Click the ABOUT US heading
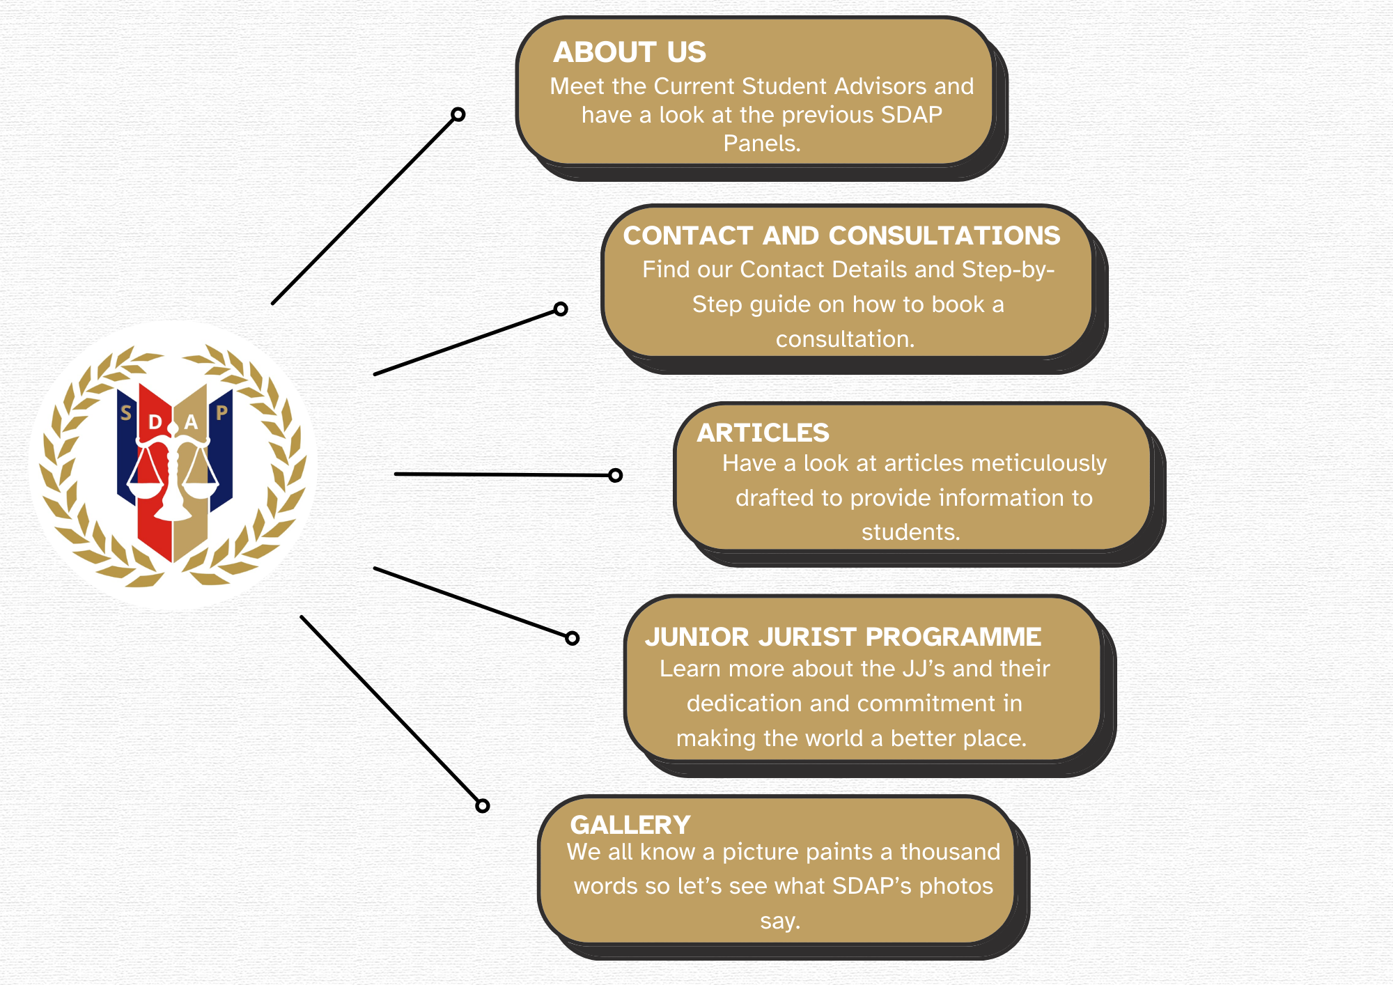pyautogui.click(x=630, y=52)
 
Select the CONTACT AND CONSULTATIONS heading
pyautogui.click(x=841, y=235)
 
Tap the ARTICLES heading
pyautogui.click(x=763, y=433)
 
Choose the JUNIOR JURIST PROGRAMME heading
pyautogui.click(x=843, y=637)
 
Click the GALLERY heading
pyautogui.click(x=630, y=825)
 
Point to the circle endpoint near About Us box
pyautogui.click(x=458, y=114)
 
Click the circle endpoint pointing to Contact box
pyautogui.click(x=561, y=309)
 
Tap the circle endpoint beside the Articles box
pyautogui.click(x=615, y=475)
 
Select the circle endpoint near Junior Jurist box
pyautogui.click(x=573, y=638)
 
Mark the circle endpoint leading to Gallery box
pyautogui.click(x=483, y=806)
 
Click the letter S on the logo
pyautogui.click(x=126, y=413)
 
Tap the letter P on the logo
pyautogui.click(x=221, y=413)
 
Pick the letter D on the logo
pyautogui.click(x=155, y=421)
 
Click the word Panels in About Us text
pyautogui.click(x=762, y=144)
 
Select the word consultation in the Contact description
pyautogui.click(x=845, y=339)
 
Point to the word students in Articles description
pyautogui.click(x=911, y=532)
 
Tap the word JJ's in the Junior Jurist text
pyautogui.click(x=924, y=669)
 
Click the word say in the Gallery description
pyautogui.click(x=780, y=922)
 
